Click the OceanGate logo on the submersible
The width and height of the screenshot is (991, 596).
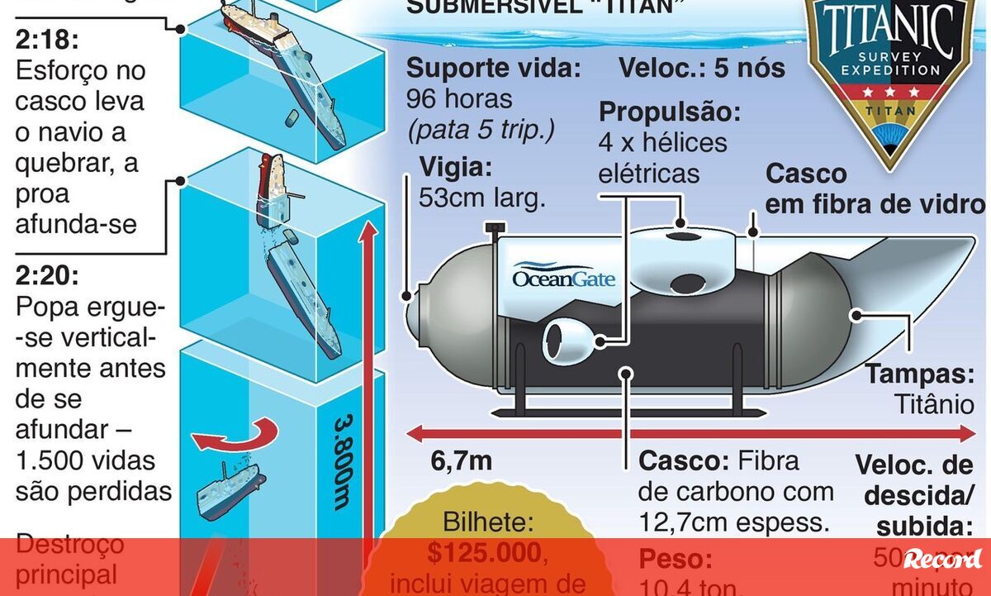tap(564, 277)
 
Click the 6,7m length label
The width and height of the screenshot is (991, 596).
tap(461, 462)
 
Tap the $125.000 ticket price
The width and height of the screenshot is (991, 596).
tap(486, 552)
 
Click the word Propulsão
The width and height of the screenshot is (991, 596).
tap(670, 112)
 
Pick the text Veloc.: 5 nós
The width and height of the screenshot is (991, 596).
tap(702, 68)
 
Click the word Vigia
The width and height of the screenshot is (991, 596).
tap(456, 168)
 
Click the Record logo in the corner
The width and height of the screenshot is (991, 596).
tap(942, 559)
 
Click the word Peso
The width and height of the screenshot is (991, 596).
tap(675, 560)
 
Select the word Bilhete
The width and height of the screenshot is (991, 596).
tap(490, 522)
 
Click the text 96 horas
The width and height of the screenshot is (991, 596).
tap(459, 100)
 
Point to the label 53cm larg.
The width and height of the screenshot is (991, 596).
tap(483, 198)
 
